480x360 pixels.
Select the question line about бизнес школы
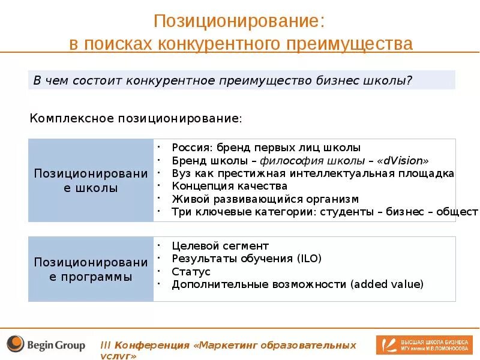[x=223, y=80]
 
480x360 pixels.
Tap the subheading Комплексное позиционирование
[x=136, y=118]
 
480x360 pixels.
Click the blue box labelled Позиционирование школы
[x=91, y=180]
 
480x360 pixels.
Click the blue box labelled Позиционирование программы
[x=91, y=269]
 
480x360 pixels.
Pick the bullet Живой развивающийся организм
[x=265, y=199]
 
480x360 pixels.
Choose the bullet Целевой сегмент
[x=220, y=245]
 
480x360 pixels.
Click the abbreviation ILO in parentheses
[x=307, y=259]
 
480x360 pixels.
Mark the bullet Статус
[x=191, y=272]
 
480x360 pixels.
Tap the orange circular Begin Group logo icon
[x=15, y=344]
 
